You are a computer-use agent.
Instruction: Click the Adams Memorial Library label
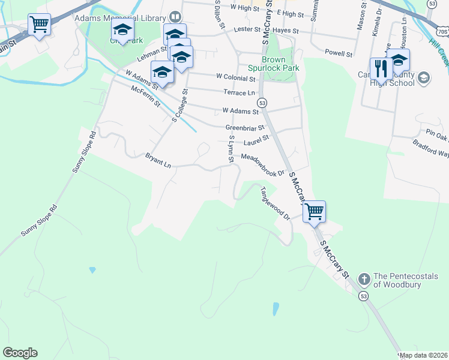click(120, 17)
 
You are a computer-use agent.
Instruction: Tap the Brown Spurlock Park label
click(280, 64)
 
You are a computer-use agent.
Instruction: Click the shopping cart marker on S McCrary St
click(314, 212)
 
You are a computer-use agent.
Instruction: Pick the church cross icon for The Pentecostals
click(364, 279)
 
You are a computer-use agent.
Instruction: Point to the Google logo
click(20, 353)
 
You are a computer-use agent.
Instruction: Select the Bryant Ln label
click(158, 160)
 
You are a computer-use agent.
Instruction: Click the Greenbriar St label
click(244, 128)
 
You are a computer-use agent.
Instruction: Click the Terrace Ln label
click(239, 93)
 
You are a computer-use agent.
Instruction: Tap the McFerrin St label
click(145, 96)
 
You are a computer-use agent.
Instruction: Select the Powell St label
click(339, 53)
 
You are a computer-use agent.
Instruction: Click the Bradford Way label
click(431, 149)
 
